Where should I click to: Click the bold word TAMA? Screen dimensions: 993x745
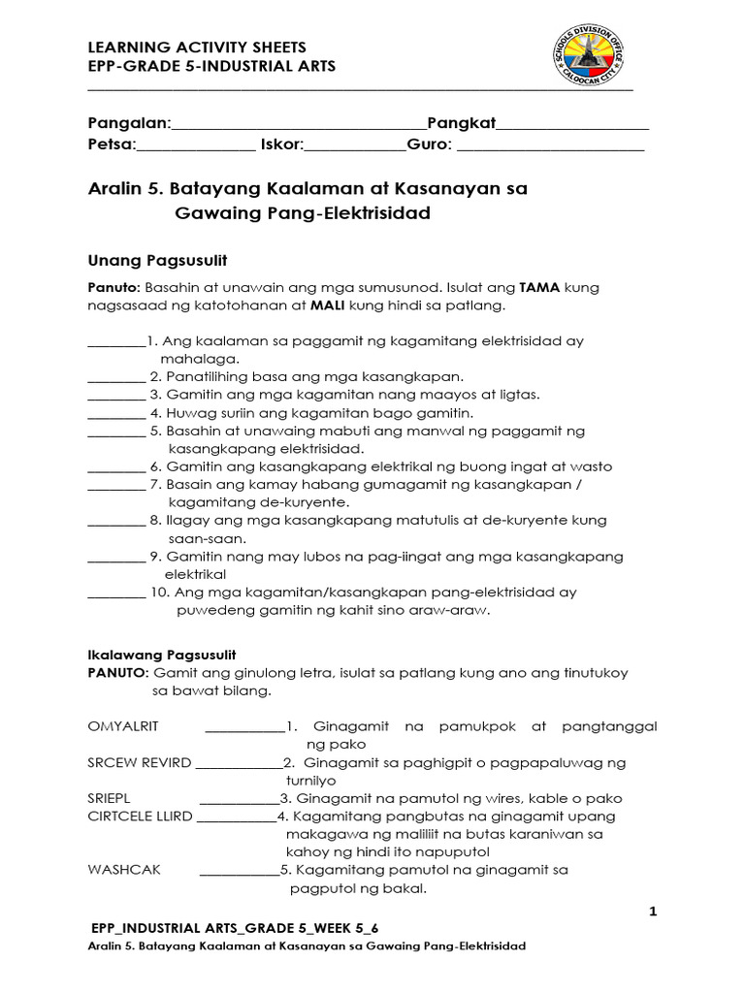540,288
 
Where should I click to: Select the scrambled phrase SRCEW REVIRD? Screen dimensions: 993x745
140,762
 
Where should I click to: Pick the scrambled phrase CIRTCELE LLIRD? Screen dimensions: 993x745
140,817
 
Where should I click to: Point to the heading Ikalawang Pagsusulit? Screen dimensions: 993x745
162,655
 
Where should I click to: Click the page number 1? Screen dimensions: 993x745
653,911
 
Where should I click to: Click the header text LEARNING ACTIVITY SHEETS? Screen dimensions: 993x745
197,47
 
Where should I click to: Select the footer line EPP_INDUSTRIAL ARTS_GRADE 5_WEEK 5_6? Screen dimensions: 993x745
235,928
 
